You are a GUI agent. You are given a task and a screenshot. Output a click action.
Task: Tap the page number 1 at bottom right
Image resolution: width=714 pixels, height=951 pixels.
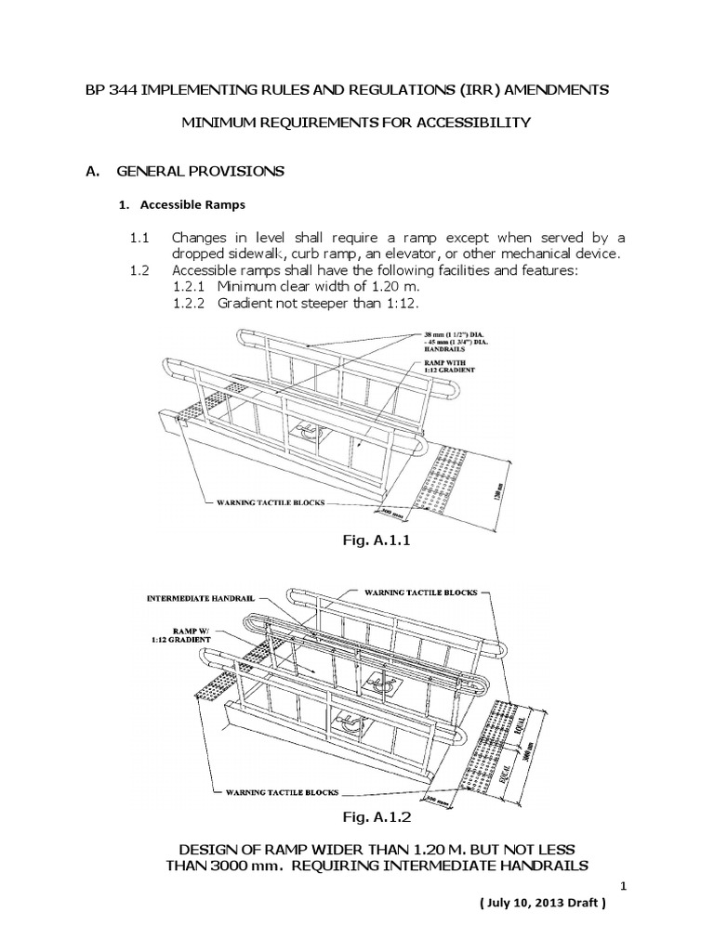[627, 887]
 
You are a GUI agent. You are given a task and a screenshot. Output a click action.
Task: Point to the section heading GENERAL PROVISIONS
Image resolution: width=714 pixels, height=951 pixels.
[199, 172]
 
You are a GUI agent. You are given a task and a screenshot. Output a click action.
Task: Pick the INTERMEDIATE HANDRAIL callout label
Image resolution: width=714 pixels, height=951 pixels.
[200, 600]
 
